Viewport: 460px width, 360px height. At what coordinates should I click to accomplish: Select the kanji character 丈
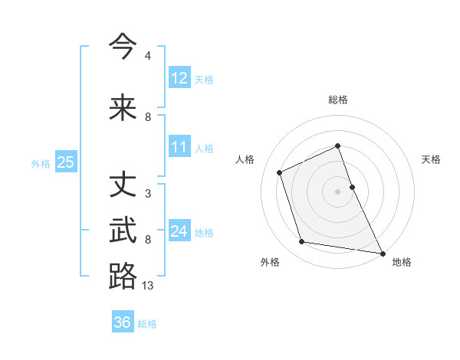(123, 185)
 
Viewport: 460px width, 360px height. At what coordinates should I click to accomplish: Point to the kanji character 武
(123, 231)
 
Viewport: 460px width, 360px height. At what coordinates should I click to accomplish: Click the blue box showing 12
(179, 78)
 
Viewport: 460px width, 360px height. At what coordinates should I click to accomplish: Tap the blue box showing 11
(179, 147)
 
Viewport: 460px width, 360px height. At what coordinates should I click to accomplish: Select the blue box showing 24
(179, 231)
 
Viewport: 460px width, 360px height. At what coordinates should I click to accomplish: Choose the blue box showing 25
(65, 162)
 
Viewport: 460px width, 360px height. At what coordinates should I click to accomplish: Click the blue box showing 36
(123, 322)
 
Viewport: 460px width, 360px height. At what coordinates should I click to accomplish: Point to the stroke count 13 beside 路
(148, 285)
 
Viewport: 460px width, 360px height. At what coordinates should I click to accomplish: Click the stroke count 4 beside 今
(147, 56)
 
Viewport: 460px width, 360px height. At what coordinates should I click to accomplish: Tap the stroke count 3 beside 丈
(147, 194)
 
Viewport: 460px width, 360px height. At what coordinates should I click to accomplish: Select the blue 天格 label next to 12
(204, 79)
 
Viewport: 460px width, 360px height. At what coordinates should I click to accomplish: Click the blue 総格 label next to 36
(147, 324)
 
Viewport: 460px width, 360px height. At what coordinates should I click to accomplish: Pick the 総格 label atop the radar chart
(338, 100)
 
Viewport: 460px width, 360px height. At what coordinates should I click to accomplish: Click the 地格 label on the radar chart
(402, 262)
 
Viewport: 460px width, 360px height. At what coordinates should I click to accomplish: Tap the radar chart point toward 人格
(280, 172)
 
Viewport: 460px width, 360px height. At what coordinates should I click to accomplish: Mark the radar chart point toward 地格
(382, 253)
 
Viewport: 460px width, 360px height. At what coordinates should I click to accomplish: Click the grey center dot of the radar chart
(338, 191)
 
